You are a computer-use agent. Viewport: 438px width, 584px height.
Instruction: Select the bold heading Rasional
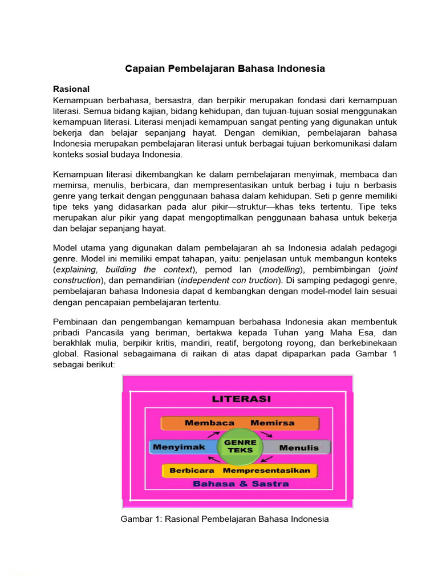point(71,89)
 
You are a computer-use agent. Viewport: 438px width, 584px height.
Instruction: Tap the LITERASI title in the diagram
point(241,399)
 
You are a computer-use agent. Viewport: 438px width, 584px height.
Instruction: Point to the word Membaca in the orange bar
point(210,423)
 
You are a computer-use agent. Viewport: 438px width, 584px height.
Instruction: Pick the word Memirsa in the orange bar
point(273,423)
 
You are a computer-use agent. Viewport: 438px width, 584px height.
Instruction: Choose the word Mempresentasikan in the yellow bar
point(266,471)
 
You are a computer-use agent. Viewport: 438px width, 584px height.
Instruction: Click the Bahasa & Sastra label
point(241,484)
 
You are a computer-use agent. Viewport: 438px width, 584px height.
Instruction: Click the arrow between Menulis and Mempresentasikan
point(269,459)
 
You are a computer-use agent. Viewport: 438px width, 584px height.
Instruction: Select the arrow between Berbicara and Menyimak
point(213,459)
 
